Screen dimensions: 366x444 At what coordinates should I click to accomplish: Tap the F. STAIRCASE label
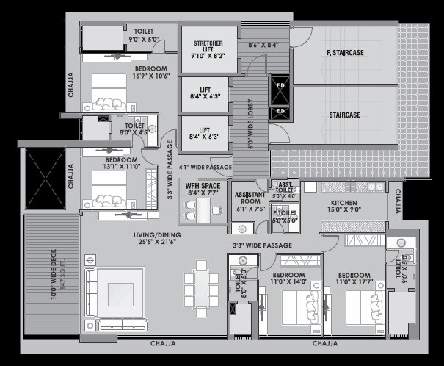pos(345,52)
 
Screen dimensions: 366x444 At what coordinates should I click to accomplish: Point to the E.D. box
pos(280,112)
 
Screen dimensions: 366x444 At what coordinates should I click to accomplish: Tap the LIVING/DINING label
pos(157,235)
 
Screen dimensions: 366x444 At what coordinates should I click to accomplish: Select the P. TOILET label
pos(285,213)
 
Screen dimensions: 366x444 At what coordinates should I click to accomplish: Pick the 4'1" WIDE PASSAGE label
pos(205,168)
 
